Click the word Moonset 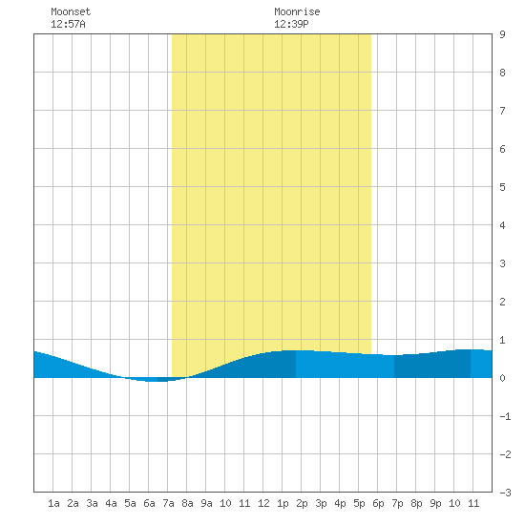point(71,11)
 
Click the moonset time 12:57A point(68,24)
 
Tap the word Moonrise point(297,11)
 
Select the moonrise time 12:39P point(291,24)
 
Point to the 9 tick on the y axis point(502,34)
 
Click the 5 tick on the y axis point(502,187)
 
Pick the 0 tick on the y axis point(502,378)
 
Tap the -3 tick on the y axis point(505,493)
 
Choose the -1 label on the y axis point(505,416)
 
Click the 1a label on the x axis point(53,503)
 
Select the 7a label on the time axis point(168,503)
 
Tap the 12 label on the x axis point(263,503)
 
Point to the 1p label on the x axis point(283,503)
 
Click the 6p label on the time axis point(378,503)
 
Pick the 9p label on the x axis point(435,503)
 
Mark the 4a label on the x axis point(111,503)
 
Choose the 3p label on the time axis point(321,503)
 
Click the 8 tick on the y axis point(502,73)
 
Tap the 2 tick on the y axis point(502,302)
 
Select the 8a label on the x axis point(187,503)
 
